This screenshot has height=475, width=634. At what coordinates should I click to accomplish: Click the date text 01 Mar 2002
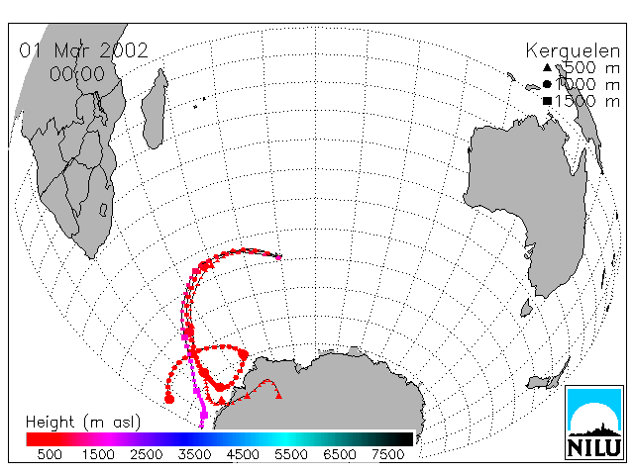[83, 50]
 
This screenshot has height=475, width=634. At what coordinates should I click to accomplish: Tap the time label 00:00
[77, 73]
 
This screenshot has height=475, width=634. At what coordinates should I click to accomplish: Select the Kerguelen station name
[573, 51]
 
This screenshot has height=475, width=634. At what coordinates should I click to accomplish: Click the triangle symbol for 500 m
[547, 67]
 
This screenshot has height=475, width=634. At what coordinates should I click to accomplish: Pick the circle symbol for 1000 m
[547, 84]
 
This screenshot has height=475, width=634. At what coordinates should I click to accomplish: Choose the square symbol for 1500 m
[547, 101]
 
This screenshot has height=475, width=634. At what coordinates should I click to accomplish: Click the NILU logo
[594, 423]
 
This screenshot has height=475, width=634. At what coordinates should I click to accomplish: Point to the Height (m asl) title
[83, 423]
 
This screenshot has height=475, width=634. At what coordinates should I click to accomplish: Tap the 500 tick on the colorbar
[50, 455]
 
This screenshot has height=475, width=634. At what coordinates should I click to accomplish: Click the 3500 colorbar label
[194, 455]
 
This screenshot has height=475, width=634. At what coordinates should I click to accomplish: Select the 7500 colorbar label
[387, 455]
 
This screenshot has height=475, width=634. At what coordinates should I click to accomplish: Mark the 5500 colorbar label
[291, 455]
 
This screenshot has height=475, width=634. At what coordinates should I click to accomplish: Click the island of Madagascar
[155, 109]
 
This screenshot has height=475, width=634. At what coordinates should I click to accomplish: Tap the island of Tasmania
[526, 308]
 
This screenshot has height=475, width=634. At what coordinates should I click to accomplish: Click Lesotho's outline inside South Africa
[103, 210]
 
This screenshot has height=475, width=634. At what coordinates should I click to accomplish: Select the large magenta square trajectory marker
[204, 415]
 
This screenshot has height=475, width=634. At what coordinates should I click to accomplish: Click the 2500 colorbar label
[147, 455]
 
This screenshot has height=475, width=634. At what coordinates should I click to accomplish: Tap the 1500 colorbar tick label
[98, 455]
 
